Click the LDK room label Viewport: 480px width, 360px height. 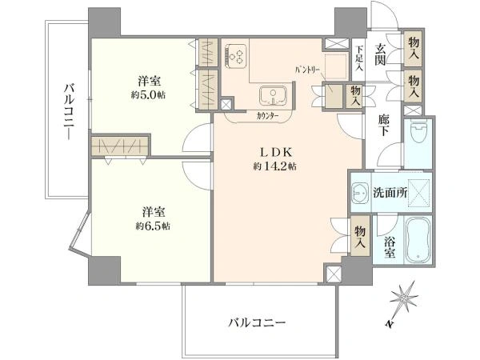tap(277, 152)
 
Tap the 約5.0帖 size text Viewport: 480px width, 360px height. tap(149, 95)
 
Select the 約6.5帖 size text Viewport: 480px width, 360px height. tap(153, 226)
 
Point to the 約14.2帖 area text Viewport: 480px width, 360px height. tap(274, 166)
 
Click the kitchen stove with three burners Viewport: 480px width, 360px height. tap(236, 56)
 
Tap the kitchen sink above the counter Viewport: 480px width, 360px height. tap(273, 95)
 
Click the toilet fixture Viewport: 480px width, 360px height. tap(418, 133)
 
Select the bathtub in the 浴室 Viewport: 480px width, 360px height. tap(418, 240)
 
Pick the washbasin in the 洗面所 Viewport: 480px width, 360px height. tap(361, 193)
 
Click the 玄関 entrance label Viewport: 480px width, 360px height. tap(380, 54)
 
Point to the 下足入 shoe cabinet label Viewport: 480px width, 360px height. tap(359, 58)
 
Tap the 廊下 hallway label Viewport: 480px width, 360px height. tap(383, 125)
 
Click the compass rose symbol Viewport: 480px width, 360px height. tap(404, 297)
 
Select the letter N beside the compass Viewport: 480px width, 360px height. tap(389, 324)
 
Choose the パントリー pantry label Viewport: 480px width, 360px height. tap(307, 70)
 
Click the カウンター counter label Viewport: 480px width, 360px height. tap(267, 116)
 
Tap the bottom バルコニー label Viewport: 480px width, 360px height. tap(257, 322)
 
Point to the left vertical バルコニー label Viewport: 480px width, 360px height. tap(69, 112)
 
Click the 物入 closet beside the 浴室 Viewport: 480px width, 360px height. tap(360, 236)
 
